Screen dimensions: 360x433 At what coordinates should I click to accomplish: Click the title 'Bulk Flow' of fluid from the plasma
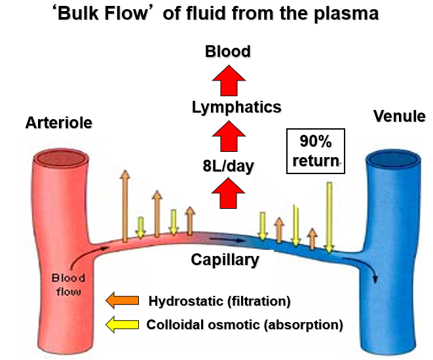point(216,14)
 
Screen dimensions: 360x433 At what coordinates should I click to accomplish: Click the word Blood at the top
point(227,51)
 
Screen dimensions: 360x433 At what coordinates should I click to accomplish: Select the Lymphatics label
point(227,107)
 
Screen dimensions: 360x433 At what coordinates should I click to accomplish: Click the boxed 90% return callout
point(315,151)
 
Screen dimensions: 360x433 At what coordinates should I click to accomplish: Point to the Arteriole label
point(59,122)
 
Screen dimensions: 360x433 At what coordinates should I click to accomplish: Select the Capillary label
point(225,260)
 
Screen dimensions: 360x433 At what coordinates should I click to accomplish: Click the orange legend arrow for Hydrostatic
point(122,300)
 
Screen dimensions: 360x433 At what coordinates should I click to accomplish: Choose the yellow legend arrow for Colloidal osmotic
point(122,323)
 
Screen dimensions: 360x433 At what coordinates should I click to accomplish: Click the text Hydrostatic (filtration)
point(219,301)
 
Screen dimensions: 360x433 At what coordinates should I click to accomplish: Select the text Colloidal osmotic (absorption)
point(245,324)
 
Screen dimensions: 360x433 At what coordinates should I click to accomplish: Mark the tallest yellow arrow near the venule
point(329,216)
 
